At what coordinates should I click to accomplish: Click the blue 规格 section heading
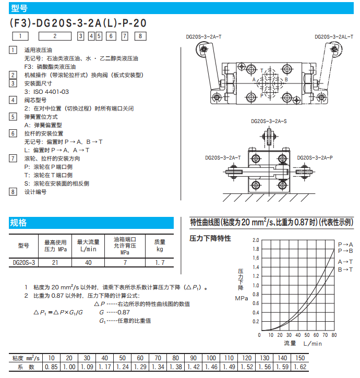pos(19,223)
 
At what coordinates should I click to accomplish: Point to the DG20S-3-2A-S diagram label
pos(269,121)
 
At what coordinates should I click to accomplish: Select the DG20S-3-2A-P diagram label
pos(315,157)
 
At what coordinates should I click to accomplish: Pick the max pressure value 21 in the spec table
pos(54,263)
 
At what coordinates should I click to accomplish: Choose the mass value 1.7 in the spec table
pos(160,263)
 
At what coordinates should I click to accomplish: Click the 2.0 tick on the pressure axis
pos(256,240)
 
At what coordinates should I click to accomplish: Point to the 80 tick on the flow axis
pos(334,335)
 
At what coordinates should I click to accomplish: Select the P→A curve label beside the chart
pos(345,244)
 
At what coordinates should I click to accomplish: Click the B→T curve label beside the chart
pos(345,270)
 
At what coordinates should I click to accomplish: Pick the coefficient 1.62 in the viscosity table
pos(300,367)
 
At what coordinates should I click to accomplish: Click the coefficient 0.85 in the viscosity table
pos(51,367)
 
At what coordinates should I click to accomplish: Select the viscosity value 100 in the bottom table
pos(211,358)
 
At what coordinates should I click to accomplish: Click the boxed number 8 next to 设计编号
pos(13,192)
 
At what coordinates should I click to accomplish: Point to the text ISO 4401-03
pos(51,91)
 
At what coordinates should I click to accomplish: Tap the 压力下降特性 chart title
pos(210,239)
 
